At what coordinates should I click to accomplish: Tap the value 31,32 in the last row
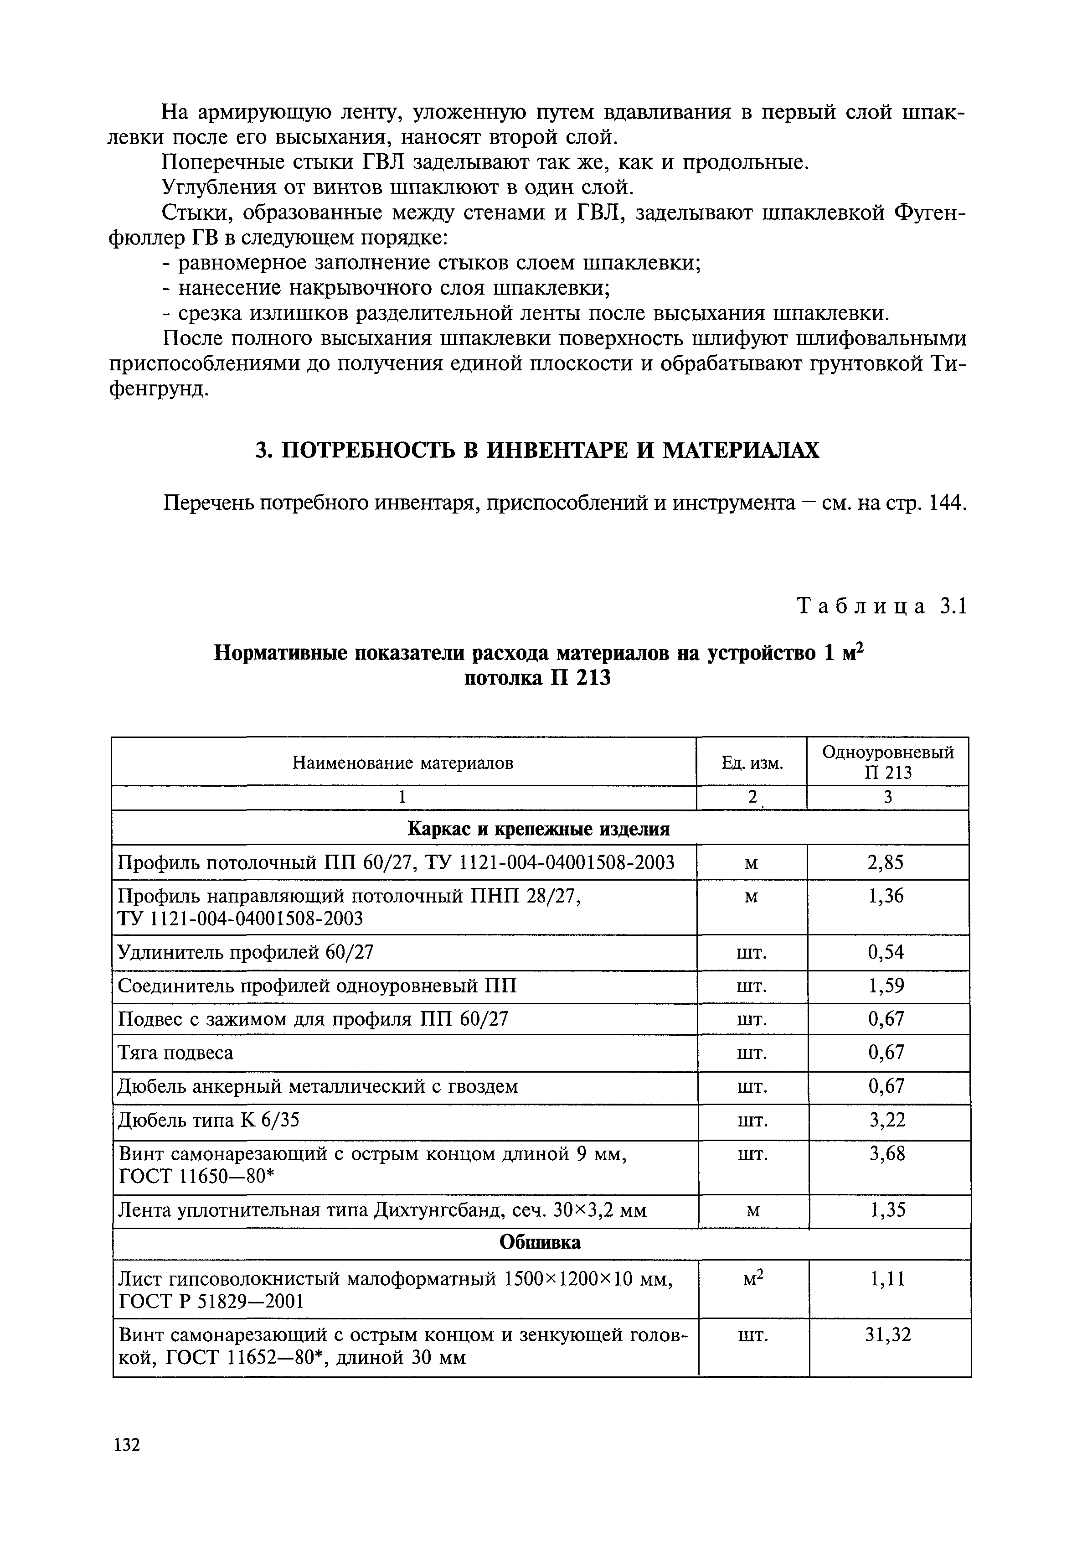click(x=888, y=1334)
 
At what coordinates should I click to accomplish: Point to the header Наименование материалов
click(x=403, y=763)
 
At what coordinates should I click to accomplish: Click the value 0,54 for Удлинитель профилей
click(x=886, y=952)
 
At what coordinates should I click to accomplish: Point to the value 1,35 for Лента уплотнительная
click(x=886, y=1210)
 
